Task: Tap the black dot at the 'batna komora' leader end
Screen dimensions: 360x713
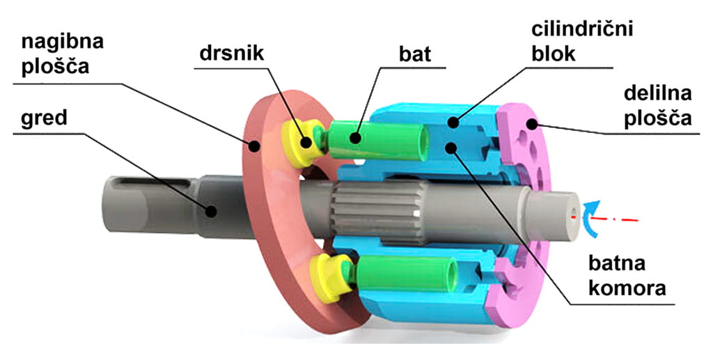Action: coord(453,148)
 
